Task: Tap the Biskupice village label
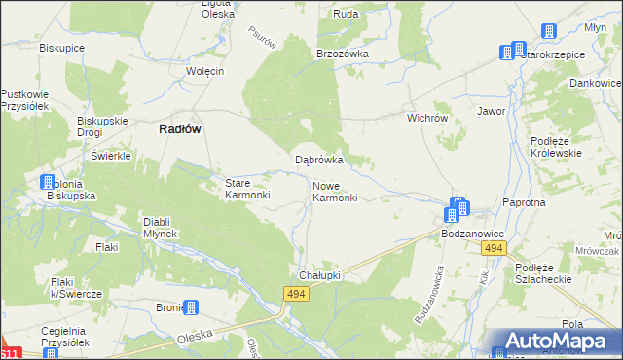(x=57, y=47)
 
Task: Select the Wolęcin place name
(x=205, y=71)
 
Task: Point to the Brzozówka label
(x=342, y=54)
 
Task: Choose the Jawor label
(x=491, y=112)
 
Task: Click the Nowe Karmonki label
(x=335, y=191)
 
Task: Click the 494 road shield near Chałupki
(x=298, y=294)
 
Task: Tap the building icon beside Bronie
(x=192, y=308)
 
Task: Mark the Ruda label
(x=346, y=15)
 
